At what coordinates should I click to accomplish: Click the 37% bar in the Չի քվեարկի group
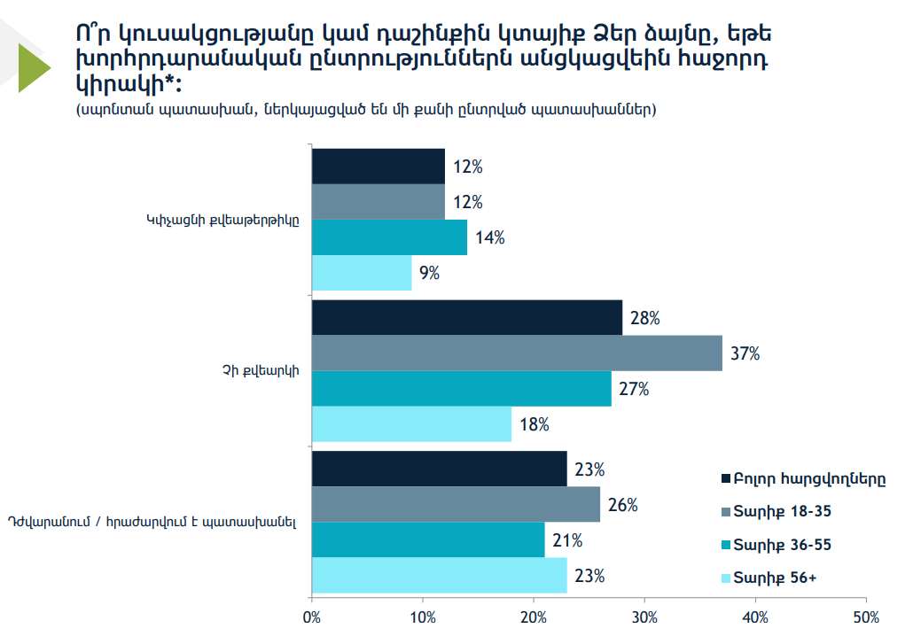tap(517, 353)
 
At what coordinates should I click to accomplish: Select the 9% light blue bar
tap(362, 273)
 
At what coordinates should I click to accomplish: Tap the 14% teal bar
tap(389, 237)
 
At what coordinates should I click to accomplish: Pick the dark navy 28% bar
tap(467, 318)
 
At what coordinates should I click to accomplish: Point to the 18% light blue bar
tap(412, 424)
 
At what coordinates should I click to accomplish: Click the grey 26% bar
tap(456, 505)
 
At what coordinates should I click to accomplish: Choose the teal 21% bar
tap(428, 540)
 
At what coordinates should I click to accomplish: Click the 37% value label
tap(745, 353)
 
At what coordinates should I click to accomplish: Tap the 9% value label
tap(430, 273)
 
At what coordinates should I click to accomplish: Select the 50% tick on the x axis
tap(866, 616)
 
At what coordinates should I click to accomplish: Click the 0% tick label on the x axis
tap(312, 616)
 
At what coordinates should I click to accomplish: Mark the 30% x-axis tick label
tap(644, 616)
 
